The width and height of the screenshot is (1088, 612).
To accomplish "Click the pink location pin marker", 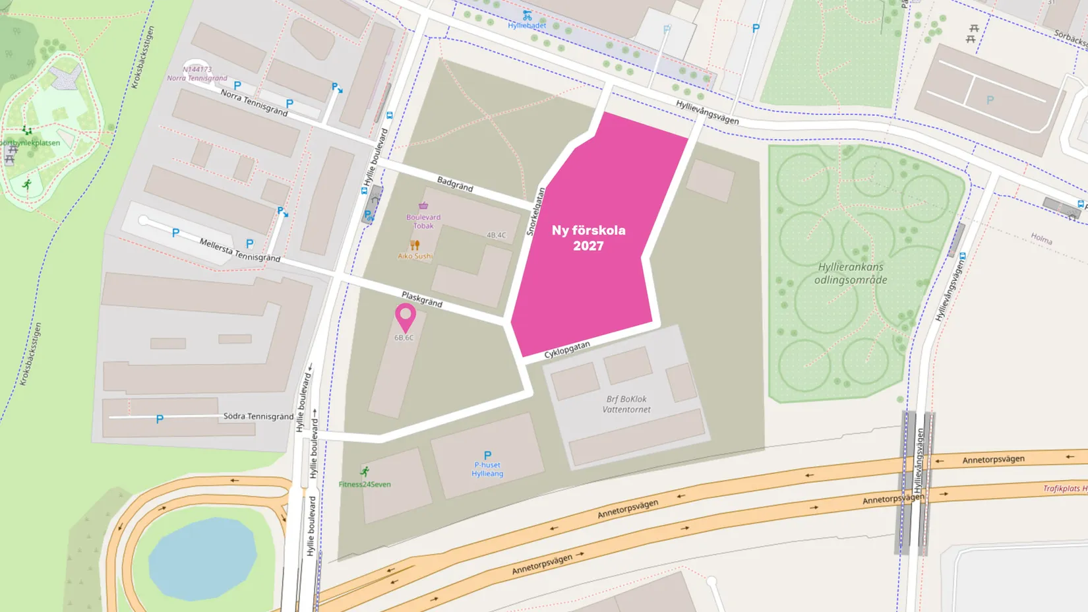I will [405, 317].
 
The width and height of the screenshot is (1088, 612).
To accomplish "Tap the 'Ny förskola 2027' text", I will [588, 238].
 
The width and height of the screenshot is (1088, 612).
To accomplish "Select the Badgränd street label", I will [455, 183].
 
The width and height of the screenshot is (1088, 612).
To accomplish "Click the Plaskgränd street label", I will [422, 299].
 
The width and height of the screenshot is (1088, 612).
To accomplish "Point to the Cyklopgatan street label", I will [567, 350].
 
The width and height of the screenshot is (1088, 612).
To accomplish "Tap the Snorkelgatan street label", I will [535, 212].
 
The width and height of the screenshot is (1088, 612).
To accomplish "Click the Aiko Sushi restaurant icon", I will [415, 245].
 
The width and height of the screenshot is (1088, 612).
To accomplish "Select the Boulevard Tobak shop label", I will [423, 221].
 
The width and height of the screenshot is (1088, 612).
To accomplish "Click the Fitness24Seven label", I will [365, 484].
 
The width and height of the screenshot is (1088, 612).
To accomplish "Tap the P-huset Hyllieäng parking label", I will [487, 469].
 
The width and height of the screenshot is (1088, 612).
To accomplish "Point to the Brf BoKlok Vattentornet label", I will [626, 404].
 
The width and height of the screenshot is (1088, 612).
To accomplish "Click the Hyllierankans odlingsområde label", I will [851, 273].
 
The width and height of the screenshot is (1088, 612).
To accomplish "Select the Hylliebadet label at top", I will [527, 25].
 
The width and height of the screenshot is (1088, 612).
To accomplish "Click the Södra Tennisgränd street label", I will [258, 416].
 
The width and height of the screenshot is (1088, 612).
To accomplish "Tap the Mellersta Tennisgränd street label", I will [239, 251].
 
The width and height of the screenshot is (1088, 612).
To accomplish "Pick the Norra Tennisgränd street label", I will [254, 104].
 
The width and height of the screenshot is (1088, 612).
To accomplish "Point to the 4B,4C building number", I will [496, 235].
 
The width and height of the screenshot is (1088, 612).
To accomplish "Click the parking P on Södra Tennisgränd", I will [160, 419].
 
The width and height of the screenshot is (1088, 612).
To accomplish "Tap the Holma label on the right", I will [1041, 238].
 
